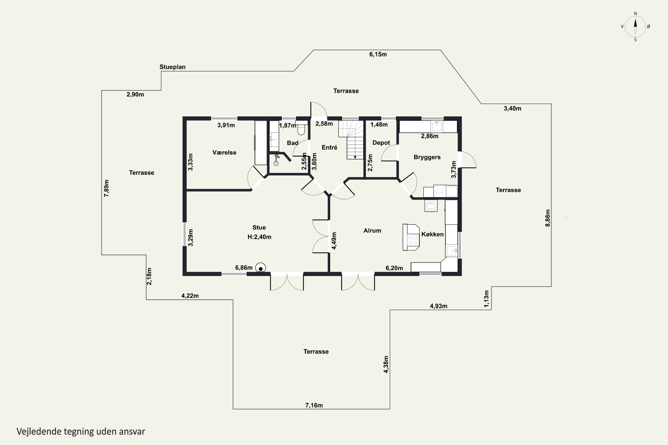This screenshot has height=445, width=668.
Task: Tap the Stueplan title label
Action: click(x=172, y=67)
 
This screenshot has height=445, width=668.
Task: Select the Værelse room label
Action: click(x=224, y=152)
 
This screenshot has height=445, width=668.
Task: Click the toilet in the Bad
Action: click(x=301, y=128)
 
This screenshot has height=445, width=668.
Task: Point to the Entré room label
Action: click(x=330, y=147)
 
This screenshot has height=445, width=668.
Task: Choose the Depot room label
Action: click(x=381, y=143)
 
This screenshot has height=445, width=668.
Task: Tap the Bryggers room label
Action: click(x=427, y=157)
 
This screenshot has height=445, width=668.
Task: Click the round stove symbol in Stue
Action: click(x=261, y=268)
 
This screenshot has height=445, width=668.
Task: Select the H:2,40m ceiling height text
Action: click(x=259, y=237)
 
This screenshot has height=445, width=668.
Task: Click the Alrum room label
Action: click(x=372, y=231)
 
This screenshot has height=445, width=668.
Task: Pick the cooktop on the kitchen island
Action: click(x=413, y=240)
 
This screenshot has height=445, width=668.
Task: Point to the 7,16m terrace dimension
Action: click(x=314, y=405)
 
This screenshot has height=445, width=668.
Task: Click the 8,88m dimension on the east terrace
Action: click(x=548, y=218)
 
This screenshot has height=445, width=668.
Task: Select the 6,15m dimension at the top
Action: click(x=378, y=54)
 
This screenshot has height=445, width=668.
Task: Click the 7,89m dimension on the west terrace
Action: click(x=106, y=188)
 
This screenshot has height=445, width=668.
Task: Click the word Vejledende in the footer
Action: click(x=39, y=431)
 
